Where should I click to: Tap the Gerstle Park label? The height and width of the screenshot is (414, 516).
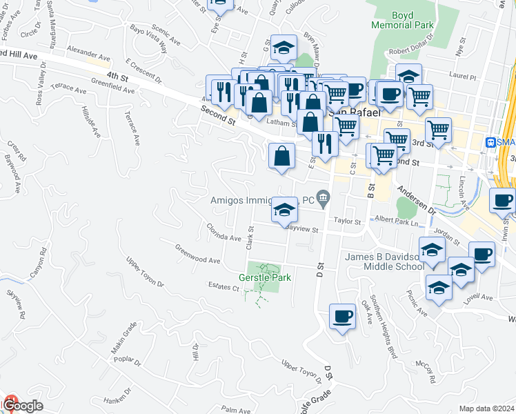pos(265,277)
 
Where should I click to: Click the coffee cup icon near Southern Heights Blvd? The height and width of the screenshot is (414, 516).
pos(343,317)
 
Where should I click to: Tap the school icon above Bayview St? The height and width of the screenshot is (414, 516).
pos(284,210)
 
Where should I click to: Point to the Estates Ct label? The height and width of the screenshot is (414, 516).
pos(222,287)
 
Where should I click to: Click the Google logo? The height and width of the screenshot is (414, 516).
pos(23,406)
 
